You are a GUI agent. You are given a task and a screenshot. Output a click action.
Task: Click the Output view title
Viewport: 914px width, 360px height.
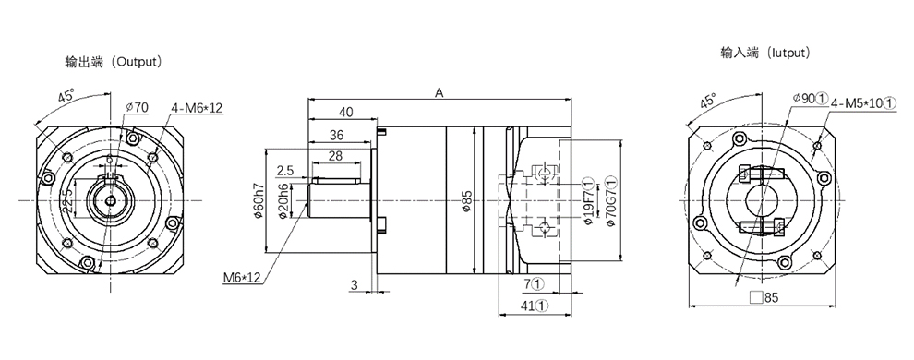coord(113,61)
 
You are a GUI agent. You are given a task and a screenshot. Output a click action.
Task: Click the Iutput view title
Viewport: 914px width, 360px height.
coord(765,53)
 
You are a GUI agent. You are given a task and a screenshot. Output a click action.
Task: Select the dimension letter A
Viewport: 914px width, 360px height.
coord(439,92)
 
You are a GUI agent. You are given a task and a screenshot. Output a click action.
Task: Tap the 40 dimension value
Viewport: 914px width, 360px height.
coord(345,113)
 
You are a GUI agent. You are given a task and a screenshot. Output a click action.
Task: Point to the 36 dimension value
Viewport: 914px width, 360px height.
coord(336,135)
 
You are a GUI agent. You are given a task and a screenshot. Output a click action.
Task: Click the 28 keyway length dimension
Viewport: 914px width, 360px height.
coord(335,155)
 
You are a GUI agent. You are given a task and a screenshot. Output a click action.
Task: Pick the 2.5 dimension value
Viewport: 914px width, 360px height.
coord(285,171)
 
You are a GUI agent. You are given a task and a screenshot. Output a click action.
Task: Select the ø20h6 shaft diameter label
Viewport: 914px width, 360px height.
coord(283,201)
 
